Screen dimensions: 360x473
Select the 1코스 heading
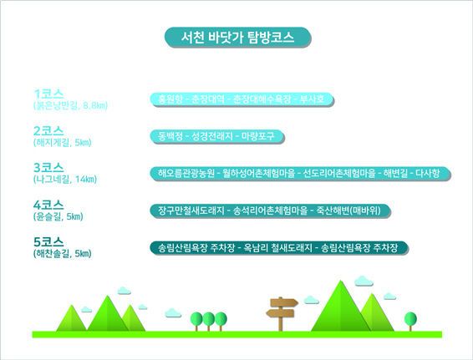pyautogui.click(x=49, y=92)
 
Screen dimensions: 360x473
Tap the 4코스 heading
pyautogui.click(x=49, y=205)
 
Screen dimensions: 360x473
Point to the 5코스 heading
pyautogui.click(x=49, y=242)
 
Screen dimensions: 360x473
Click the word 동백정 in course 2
pyautogui.click(x=170, y=135)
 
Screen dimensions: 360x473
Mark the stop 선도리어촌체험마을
pyautogui.click(x=338, y=173)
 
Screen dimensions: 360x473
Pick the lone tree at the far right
pyautogui.click(x=410, y=320)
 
